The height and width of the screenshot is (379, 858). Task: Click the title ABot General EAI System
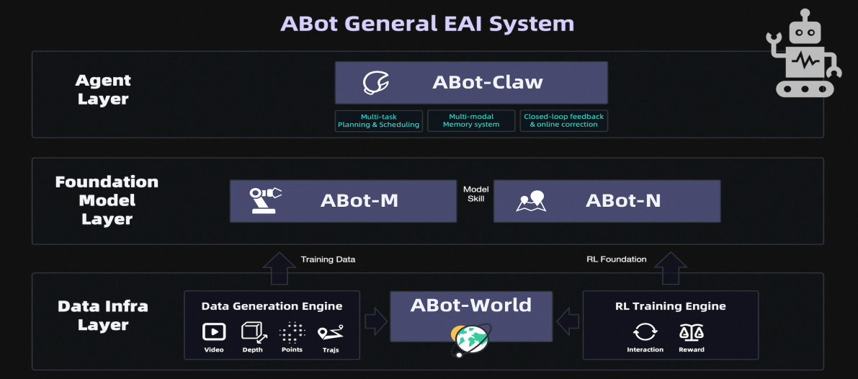[427, 23]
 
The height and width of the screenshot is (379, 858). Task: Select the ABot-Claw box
[471, 82]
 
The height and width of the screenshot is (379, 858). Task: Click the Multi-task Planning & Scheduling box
[378, 120]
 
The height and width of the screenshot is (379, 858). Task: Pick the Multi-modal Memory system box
[471, 120]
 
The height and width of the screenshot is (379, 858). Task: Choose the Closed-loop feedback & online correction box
[563, 120]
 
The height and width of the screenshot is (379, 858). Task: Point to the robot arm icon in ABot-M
[264, 200]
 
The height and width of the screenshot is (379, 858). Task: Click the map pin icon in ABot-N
[532, 201]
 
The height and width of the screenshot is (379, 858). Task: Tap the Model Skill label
[475, 194]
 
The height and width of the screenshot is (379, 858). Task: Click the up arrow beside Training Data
[277, 268]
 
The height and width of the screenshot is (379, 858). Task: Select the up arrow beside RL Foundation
[674, 268]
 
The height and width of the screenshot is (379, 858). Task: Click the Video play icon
[214, 331]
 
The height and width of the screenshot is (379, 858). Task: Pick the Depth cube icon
[253, 331]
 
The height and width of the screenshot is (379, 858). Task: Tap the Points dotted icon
[292, 331]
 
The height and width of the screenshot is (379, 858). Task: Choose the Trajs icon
[331, 331]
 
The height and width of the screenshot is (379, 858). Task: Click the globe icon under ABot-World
[470, 339]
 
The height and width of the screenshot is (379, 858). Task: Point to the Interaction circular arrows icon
[645, 331]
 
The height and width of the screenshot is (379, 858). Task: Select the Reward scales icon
[691, 331]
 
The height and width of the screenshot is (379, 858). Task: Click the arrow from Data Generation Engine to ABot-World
[375, 321]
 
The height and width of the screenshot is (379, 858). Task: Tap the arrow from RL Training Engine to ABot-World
[568, 321]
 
